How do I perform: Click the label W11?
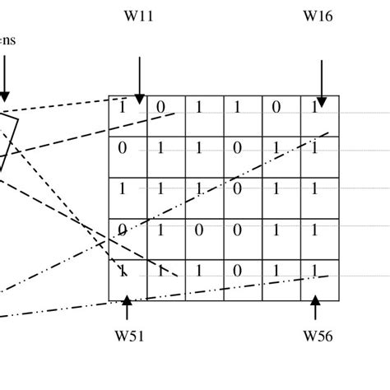[139, 15]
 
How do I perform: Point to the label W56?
[318, 336]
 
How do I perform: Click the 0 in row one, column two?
[160, 106]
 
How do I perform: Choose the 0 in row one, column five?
[276, 106]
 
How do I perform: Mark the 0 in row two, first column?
[123, 148]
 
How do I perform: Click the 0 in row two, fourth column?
[238, 148]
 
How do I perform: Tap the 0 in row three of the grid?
[238, 188]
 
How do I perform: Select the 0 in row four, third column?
[199, 230]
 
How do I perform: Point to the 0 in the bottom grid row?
[238, 271]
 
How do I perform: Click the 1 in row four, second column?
[160, 230]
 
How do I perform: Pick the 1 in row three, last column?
[314, 188]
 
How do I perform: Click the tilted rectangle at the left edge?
[7, 140]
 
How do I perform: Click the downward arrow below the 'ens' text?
[4, 78]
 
